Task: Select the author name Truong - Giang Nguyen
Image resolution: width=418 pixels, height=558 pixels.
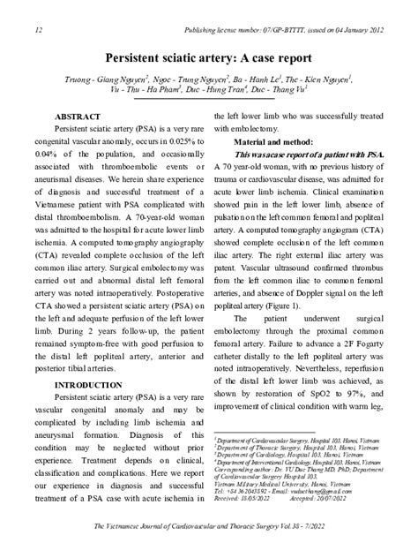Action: pyautogui.click(x=100, y=79)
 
